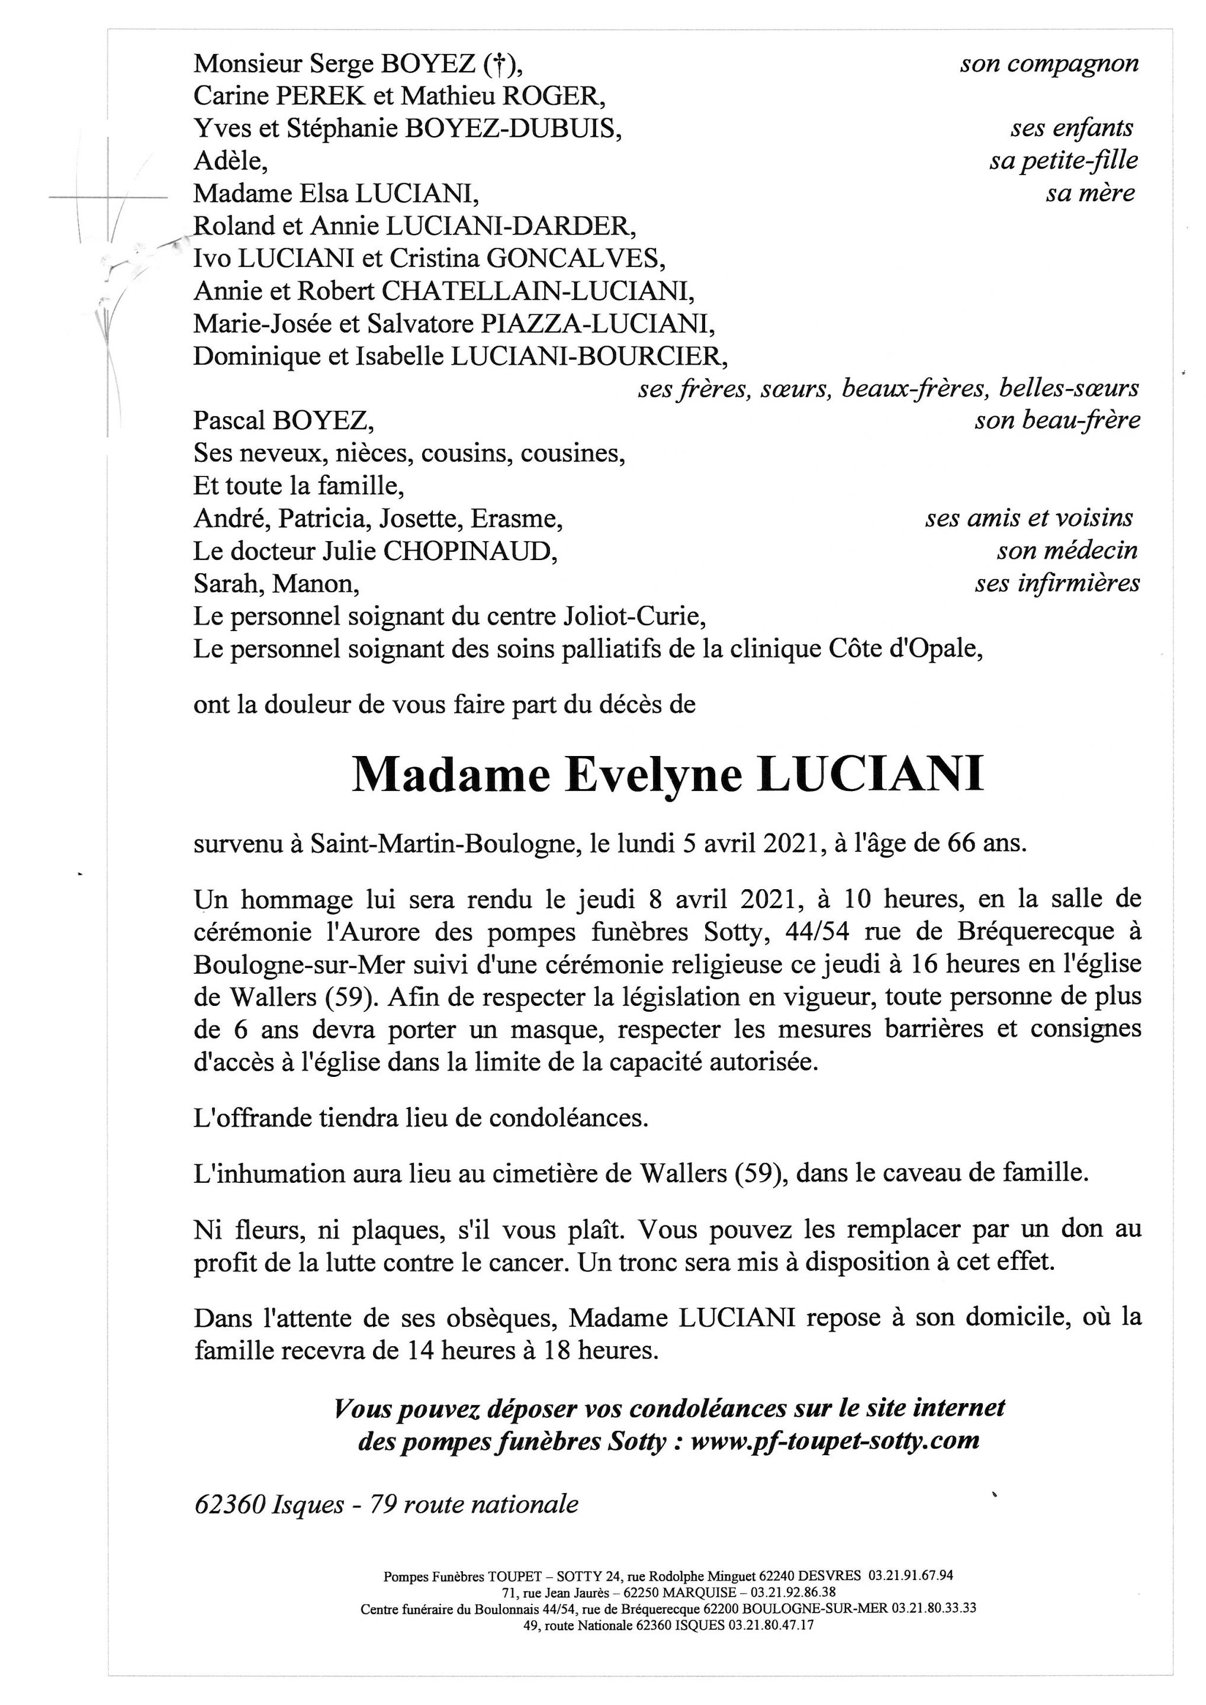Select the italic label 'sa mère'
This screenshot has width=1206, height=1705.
pyautogui.click(x=1090, y=194)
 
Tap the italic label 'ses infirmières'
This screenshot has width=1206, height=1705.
pyautogui.click(x=1057, y=584)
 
